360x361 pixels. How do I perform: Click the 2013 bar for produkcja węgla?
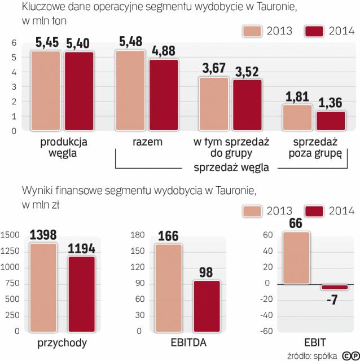(x=45, y=90)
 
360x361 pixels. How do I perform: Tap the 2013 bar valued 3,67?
(x=214, y=104)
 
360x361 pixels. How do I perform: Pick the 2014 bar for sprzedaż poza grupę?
(x=331, y=121)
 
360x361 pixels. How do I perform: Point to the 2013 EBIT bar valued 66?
(x=295, y=258)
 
